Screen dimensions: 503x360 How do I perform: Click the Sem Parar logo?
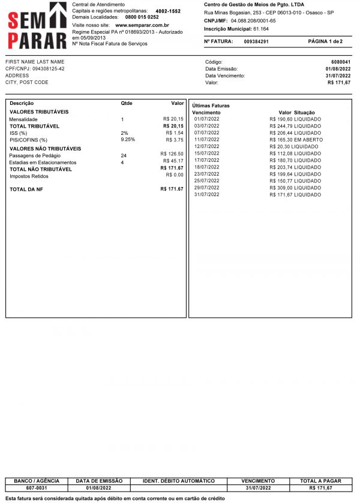37,25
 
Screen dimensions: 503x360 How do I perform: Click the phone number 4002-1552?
167,11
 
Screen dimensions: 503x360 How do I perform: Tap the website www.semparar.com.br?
142,26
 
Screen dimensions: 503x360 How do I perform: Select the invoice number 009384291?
256,41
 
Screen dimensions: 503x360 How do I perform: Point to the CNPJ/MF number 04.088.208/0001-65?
253,20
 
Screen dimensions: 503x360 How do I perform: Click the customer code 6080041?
341,62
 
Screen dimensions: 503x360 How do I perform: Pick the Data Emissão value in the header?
338,69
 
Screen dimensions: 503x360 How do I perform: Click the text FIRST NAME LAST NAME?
34,62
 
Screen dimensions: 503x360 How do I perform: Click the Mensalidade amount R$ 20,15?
173,119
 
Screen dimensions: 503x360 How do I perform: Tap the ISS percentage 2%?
124,132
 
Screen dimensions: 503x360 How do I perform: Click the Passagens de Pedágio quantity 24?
124,155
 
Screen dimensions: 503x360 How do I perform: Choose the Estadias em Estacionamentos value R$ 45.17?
173,162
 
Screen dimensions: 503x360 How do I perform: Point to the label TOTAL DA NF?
26,189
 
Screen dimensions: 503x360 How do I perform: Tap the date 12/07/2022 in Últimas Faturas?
207,146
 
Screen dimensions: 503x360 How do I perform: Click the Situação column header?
305,113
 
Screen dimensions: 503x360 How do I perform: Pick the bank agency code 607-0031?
36,488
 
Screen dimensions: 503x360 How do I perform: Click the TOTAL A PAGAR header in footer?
320,481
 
